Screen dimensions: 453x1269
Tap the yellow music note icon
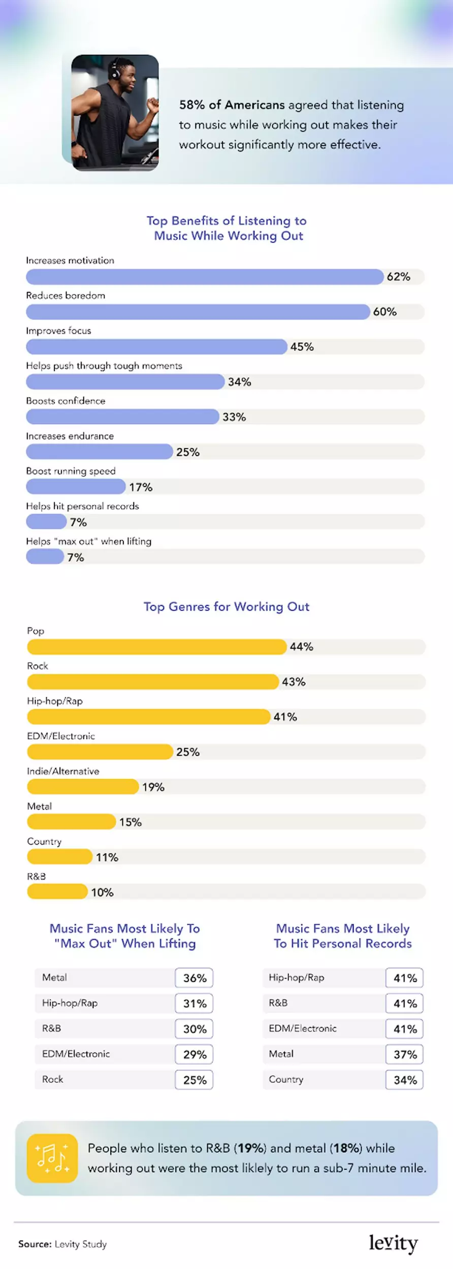click(x=52, y=1158)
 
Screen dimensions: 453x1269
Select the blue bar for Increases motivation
click(x=205, y=277)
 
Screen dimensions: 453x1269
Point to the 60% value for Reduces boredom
click(x=385, y=312)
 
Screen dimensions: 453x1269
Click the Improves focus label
click(x=58, y=331)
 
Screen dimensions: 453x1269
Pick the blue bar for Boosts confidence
click(x=122, y=417)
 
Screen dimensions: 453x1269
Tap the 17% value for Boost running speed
click(x=141, y=487)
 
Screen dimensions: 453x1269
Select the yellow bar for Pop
click(x=157, y=646)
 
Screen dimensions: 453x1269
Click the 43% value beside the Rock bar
click(x=294, y=682)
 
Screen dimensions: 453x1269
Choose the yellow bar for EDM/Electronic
click(x=100, y=752)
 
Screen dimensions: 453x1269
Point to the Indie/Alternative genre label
click(x=63, y=771)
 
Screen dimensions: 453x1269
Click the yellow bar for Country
click(x=60, y=857)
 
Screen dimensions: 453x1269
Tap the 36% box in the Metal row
click(x=194, y=978)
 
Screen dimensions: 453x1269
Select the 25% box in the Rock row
click(x=194, y=1080)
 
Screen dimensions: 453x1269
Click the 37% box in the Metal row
click(x=404, y=1054)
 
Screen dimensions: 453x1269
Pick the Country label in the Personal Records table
click(x=286, y=1080)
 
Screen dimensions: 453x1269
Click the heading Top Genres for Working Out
click(x=226, y=606)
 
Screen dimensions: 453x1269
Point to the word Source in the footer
click(x=35, y=1244)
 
